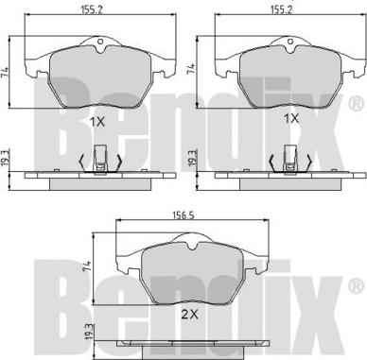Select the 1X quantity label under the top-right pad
pos(292,119)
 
